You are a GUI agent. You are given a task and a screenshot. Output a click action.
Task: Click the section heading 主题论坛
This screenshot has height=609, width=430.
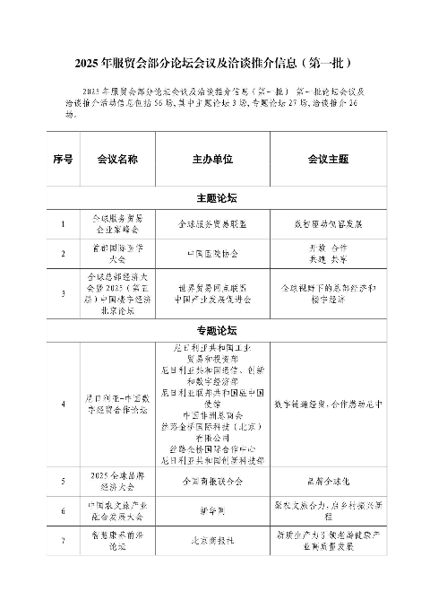(x=214, y=196)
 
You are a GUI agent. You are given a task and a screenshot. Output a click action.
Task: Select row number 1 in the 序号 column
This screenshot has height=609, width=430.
(x=63, y=222)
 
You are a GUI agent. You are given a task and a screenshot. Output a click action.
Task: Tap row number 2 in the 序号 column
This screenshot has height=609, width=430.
(x=63, y=254)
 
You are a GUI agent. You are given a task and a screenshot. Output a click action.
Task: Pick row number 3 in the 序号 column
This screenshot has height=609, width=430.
(x=63, y=293)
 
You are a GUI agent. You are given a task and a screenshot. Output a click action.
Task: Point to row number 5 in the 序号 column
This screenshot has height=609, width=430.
(x=63, y=481)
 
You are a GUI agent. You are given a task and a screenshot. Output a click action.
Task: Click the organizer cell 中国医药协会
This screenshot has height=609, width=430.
(x=212, y=254)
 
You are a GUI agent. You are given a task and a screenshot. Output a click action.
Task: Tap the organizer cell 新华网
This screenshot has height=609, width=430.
(x=212, y=510)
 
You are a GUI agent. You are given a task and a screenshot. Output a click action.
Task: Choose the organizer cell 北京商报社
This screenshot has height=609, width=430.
(x=212, y=542)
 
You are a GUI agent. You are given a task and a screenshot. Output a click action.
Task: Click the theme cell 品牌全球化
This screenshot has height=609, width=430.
(x=327, y=481)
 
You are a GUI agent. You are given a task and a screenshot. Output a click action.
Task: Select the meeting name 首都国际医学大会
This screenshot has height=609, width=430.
(x=117, y=254)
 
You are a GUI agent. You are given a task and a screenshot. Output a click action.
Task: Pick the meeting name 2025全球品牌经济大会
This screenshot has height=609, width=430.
(x=117, y=481)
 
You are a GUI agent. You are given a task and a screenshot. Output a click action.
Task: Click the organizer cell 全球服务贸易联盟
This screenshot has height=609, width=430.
(x=212, y=222)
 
